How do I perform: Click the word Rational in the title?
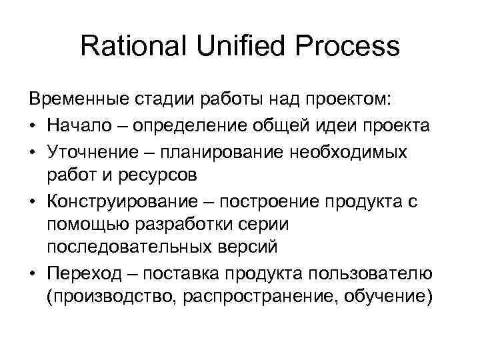(x=133, y=47)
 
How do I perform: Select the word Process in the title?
(x=351, y=47)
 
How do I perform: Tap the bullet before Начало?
(x=33, y=127)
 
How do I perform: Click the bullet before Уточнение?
(x=33, y=153)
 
